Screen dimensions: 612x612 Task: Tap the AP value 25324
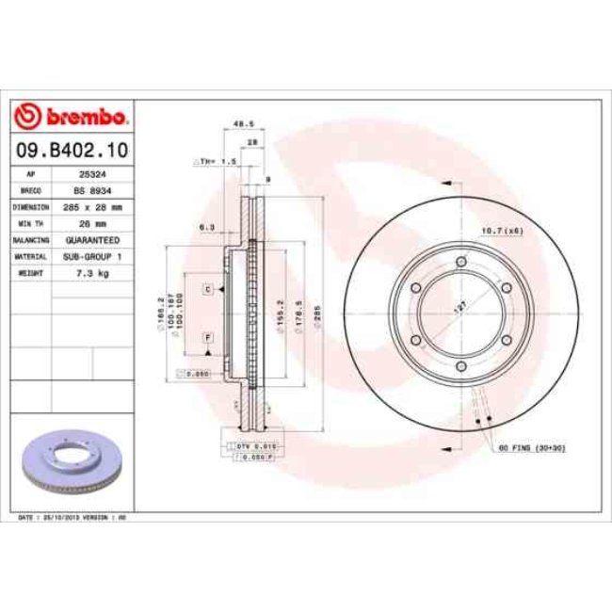(90, 174)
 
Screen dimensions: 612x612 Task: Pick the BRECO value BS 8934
(90, 189)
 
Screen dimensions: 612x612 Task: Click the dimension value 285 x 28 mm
(90, 205)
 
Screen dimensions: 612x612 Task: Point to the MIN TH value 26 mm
(90, 223)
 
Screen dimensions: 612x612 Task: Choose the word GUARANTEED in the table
(90, 240)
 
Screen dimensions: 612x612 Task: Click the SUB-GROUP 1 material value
(90, 255)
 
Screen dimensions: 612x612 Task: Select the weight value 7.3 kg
(90, 272)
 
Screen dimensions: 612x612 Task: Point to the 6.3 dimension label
(207, 227)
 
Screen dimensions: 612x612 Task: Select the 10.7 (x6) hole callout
(502, 230)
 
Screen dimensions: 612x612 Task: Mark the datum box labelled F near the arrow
(206, 337)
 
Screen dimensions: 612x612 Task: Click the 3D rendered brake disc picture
(72, 461)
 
